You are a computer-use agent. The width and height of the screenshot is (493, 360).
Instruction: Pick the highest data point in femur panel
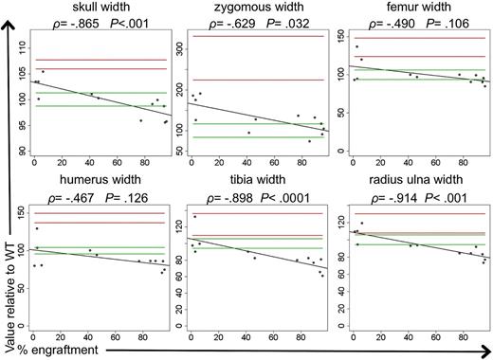(356, 46)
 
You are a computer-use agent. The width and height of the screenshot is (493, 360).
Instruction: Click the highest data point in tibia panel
(195, 217)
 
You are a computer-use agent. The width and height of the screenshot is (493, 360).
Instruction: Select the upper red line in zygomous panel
(251, 37)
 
